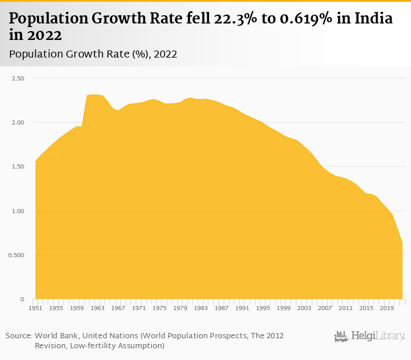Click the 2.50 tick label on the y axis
click(x=17, y=78)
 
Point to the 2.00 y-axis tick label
click(x=17, y=122)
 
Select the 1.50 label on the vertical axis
click(x=17, y=167)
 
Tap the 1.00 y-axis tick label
click(x=17, y=211)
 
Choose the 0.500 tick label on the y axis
click(x=16, y=255)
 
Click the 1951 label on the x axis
click(x=36, y=308)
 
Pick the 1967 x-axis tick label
click(x=118, y=308)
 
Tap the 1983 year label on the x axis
click(x=201, y=308)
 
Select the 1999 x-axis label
click(x=284, y=308)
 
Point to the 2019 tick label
click(x=386, y=308)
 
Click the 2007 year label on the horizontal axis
click(x=325, y=308)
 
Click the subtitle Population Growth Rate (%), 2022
click(x=93, y=54)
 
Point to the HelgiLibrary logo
click(x=369, y=337)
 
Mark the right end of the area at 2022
click(x=402, y=244)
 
